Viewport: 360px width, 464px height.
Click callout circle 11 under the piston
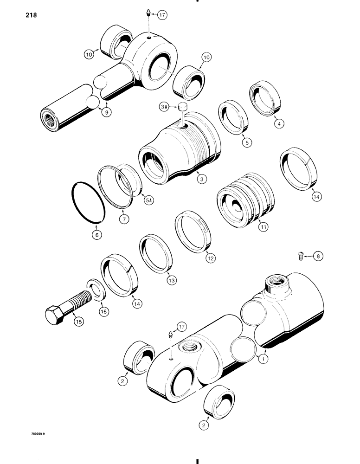[264, 227]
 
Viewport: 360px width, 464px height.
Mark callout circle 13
[172, 280]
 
